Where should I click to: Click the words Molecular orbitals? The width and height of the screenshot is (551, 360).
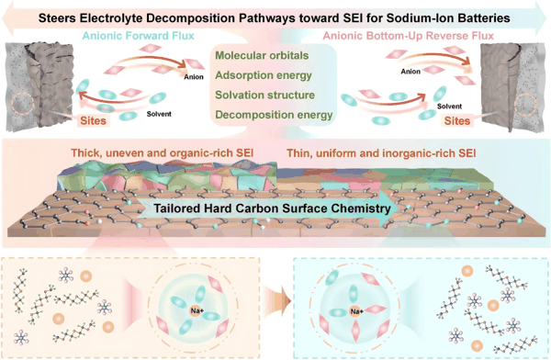[262, 55]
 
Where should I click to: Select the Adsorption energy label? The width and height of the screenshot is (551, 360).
[264, 75]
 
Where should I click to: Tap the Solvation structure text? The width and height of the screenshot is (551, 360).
[265, 95]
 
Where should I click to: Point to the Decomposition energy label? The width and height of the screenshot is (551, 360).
[274, 115]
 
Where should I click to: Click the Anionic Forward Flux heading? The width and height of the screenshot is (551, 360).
[138, 36]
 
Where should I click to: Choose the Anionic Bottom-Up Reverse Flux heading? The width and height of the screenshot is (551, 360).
[409, 36]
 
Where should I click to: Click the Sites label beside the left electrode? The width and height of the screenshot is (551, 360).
[93, 120]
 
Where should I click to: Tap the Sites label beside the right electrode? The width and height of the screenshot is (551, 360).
[456, 120]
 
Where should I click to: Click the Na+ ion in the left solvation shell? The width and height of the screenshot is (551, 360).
[197, 310]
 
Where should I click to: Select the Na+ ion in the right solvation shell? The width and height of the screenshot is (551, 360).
[356, 311]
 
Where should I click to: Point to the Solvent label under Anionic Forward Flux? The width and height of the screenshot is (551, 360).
[159, 114]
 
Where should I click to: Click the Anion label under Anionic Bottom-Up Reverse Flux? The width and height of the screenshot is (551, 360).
[410, 72]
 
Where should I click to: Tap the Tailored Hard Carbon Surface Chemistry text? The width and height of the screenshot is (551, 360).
[272, 208]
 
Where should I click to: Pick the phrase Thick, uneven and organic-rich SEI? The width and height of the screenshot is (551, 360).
[162, 153]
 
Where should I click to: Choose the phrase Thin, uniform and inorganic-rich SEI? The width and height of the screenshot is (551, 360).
[381, 153]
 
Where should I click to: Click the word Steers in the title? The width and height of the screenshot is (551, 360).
[57, 17]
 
